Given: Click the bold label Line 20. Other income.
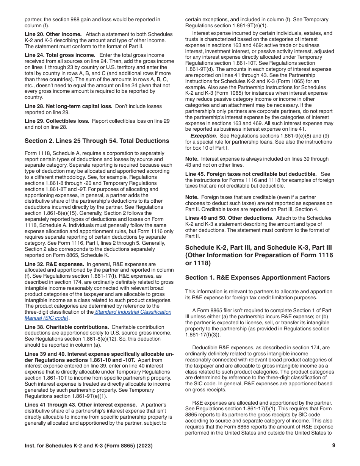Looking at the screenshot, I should click(x=53, y=34).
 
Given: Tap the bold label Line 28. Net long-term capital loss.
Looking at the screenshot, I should click(x=68, y=106).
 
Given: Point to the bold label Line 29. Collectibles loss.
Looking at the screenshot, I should click(x=57, y=121).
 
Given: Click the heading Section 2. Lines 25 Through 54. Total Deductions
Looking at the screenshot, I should click(x=97, y=141).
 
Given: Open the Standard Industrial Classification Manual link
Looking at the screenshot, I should click(x=133, y=312).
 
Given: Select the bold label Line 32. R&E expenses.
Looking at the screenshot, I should click(x=54, y=264).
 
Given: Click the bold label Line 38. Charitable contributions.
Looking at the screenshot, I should click(x=67, y=327).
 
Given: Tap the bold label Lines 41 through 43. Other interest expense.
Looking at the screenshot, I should click(x=81, y=405).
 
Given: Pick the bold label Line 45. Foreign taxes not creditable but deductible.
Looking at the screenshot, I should click(x=251, y=174).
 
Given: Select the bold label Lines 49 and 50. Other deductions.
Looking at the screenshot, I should click(x=229, y=218).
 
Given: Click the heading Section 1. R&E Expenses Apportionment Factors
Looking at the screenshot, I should click(x=257, y=278).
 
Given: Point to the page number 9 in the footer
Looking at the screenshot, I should click(x=333, y=446).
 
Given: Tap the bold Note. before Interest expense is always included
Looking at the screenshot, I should click(x=192, y=159).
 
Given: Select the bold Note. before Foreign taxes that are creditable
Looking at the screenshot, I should click(x=192, y=197).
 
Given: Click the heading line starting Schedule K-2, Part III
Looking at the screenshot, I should click(x=258, y=247).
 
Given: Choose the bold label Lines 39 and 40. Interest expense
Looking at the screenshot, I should click(x=99, y=354).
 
